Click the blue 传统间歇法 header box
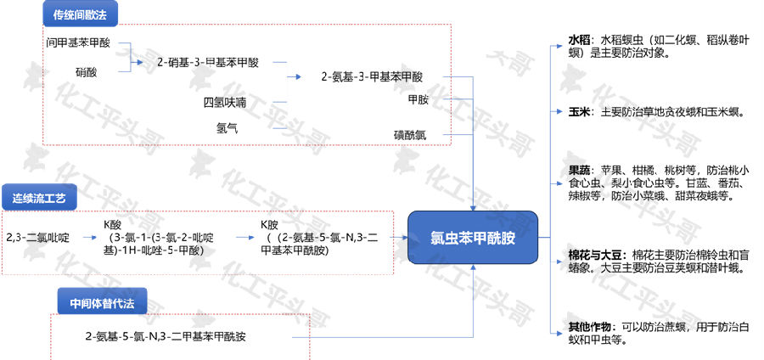click(x=81, y=14)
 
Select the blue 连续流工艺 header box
click(x=39, y=197)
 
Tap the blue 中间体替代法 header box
click(x=102, y=301)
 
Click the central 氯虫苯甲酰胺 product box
click(x=473, y=238)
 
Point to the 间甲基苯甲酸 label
click(x=78, y=42)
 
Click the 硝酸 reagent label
click(x=87, y=72)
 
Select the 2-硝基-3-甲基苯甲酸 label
click(x=208, y=62)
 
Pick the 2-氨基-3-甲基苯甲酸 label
click(x=372, y=77)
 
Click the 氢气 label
click(x=227, y=128)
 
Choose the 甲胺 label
click(x=418, y=100)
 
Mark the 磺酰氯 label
click(x=410, y=135)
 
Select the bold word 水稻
click(x=579, y=40)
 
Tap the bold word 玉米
click(x=579, y=111)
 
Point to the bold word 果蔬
click(x=579, y=171)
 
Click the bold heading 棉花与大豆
click(x=595, y=255)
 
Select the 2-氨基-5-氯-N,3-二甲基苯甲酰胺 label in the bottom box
click(x=166, y=336)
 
